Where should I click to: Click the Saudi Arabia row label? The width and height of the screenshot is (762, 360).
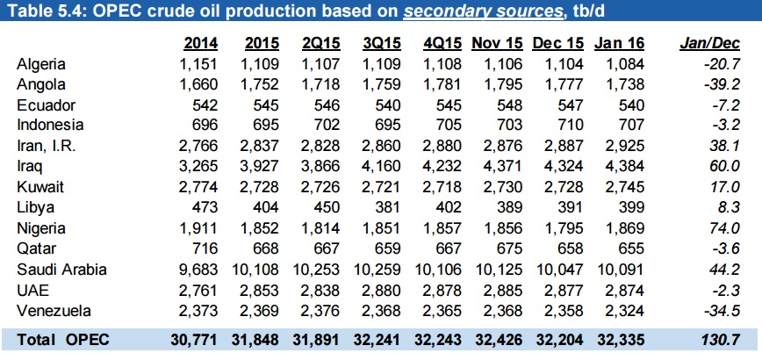coord(59,270)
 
